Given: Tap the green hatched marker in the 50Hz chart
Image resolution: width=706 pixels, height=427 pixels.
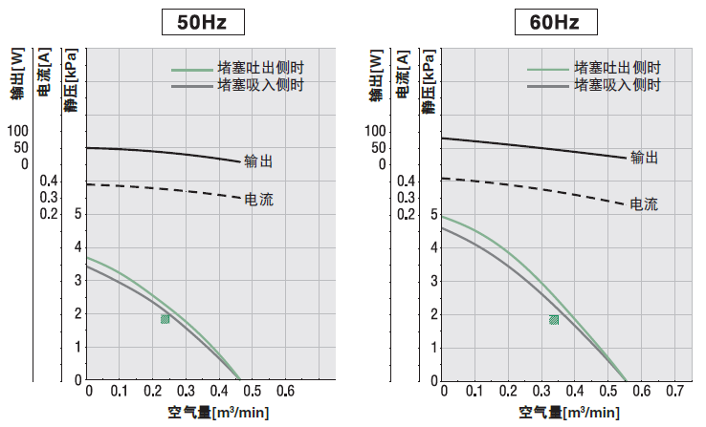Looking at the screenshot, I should tap(165, 319).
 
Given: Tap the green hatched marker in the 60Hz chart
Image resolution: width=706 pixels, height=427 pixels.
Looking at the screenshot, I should tap(554, 319).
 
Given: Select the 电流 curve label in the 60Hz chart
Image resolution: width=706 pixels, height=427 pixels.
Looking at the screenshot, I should tap(644, 203).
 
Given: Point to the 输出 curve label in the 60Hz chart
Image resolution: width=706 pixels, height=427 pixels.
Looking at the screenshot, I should tap(644, 159).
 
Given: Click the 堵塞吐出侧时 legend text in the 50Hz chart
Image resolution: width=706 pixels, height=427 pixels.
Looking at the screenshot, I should tap(260, 69).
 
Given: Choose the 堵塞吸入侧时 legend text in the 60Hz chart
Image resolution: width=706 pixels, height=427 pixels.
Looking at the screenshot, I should tap(617, 85).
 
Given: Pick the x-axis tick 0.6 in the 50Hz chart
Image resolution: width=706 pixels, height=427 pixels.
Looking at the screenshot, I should tap(285, 392).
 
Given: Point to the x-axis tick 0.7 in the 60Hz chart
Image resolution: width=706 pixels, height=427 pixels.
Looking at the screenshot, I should tap(676, 392).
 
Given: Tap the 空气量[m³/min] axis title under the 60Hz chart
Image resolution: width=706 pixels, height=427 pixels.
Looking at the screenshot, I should tap(567, 413).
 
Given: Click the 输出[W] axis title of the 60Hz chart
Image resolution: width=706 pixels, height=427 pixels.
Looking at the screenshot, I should tap(376, 73).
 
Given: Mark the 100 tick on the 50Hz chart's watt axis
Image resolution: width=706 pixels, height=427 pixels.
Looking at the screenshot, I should tap(18, 131).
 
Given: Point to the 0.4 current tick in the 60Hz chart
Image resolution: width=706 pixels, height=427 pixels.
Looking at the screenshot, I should tap(405, 181).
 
